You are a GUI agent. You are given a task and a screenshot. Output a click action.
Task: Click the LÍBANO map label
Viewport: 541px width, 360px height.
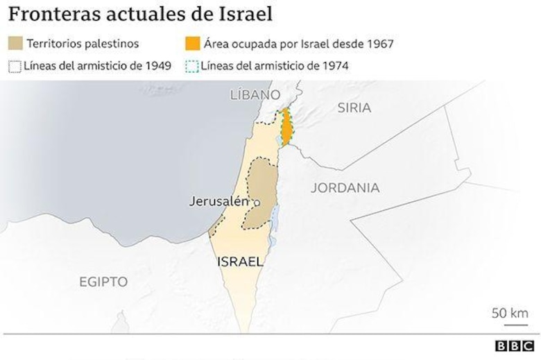coord(255,94)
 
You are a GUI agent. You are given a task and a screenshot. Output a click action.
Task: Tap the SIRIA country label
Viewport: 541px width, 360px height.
coord(354,108)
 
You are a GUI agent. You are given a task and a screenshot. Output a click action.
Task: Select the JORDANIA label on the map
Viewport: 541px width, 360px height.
coord(345,187)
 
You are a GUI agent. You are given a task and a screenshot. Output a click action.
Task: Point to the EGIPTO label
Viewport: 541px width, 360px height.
coord(103,282)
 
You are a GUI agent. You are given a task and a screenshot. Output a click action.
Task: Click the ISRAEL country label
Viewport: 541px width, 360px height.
coord(240,262)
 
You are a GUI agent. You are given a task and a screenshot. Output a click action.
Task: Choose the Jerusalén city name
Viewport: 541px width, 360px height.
coord(218,201)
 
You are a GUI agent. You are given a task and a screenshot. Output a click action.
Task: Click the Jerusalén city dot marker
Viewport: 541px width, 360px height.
coord(255,203)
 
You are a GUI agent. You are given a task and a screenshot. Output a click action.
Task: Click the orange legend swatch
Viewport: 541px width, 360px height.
coord(192,44)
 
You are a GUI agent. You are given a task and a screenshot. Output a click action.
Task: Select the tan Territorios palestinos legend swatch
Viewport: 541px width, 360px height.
coord(15,44)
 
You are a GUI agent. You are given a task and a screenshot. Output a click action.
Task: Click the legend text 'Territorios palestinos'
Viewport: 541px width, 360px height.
coord(83,44)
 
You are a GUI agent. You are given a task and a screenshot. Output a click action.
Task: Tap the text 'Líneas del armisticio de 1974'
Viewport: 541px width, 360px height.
coord(275,66)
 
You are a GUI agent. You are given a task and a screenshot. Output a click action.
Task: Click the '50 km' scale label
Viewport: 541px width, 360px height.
coord(510,312)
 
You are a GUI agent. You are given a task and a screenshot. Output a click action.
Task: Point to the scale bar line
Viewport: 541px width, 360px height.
coord(510,324)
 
